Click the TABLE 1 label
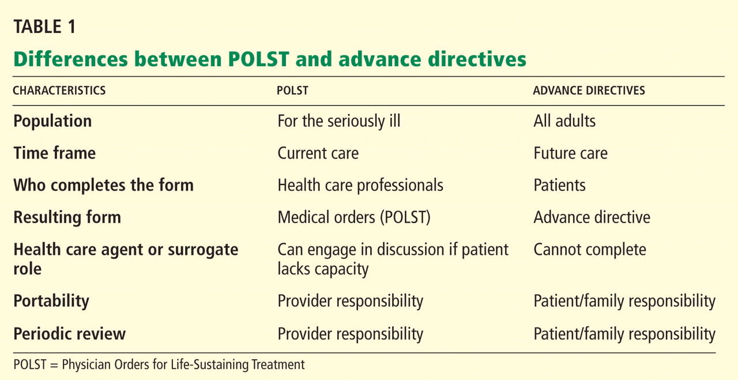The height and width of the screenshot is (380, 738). (45, 27)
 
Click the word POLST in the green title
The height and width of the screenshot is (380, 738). (258, 59)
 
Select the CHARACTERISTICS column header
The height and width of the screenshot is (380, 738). (59, 91)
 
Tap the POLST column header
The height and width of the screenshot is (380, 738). (292, 91)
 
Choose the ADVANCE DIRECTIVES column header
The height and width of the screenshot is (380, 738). (589, 91)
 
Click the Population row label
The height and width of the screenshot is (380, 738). (52, 121)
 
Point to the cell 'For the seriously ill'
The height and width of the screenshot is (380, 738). (339, 121)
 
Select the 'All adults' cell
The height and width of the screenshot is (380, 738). (564, 121)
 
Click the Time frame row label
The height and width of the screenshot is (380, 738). (55, 153)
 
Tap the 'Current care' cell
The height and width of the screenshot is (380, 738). (318, 153)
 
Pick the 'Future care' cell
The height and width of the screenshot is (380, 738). (571, 153)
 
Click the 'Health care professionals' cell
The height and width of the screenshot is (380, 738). (360, 185)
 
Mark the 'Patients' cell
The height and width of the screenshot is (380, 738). (560, 185)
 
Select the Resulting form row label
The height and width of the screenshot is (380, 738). (67, 217)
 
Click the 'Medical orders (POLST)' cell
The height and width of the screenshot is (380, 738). (354, 217)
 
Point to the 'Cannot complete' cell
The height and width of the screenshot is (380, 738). (590, 250)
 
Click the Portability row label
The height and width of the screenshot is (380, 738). (51, 301)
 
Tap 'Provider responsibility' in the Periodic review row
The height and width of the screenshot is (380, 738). (351, 334)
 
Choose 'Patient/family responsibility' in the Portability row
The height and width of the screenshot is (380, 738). (624, 301)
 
